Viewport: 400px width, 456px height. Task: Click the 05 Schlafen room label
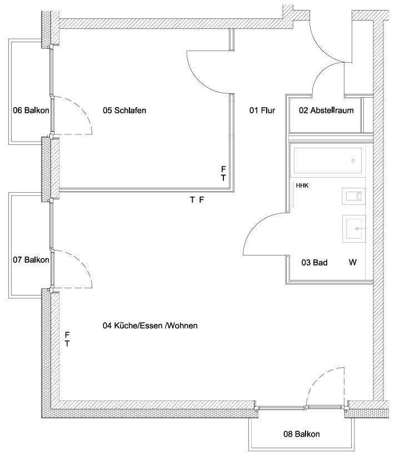(124, 111)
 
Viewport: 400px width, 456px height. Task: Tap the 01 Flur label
(262, 111)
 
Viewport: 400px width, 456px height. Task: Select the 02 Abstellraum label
(326, 111)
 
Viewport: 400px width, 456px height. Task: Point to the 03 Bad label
(314, 263)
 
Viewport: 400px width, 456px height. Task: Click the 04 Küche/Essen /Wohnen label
(150, 325)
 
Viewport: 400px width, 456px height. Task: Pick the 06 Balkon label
(31, 111)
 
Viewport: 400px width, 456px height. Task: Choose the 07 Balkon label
(31, 260)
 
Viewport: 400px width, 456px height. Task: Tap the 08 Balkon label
(302, 434)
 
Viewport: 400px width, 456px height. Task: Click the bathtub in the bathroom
(328, 161)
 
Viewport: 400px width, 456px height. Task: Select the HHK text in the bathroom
(302, 186)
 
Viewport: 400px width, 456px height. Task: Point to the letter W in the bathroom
(353, 262)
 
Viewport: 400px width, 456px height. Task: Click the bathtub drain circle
(353, 161)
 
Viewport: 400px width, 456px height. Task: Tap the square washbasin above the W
(354, 229)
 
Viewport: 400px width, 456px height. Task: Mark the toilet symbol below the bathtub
(353, 196)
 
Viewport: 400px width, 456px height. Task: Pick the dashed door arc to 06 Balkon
(82, 108)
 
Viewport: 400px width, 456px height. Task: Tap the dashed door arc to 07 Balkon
(82, 261)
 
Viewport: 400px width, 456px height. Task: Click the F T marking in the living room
(67, 339)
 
